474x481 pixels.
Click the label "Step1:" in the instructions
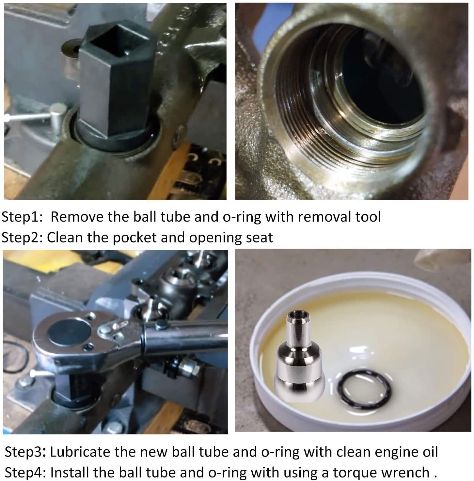coord(23,217)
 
